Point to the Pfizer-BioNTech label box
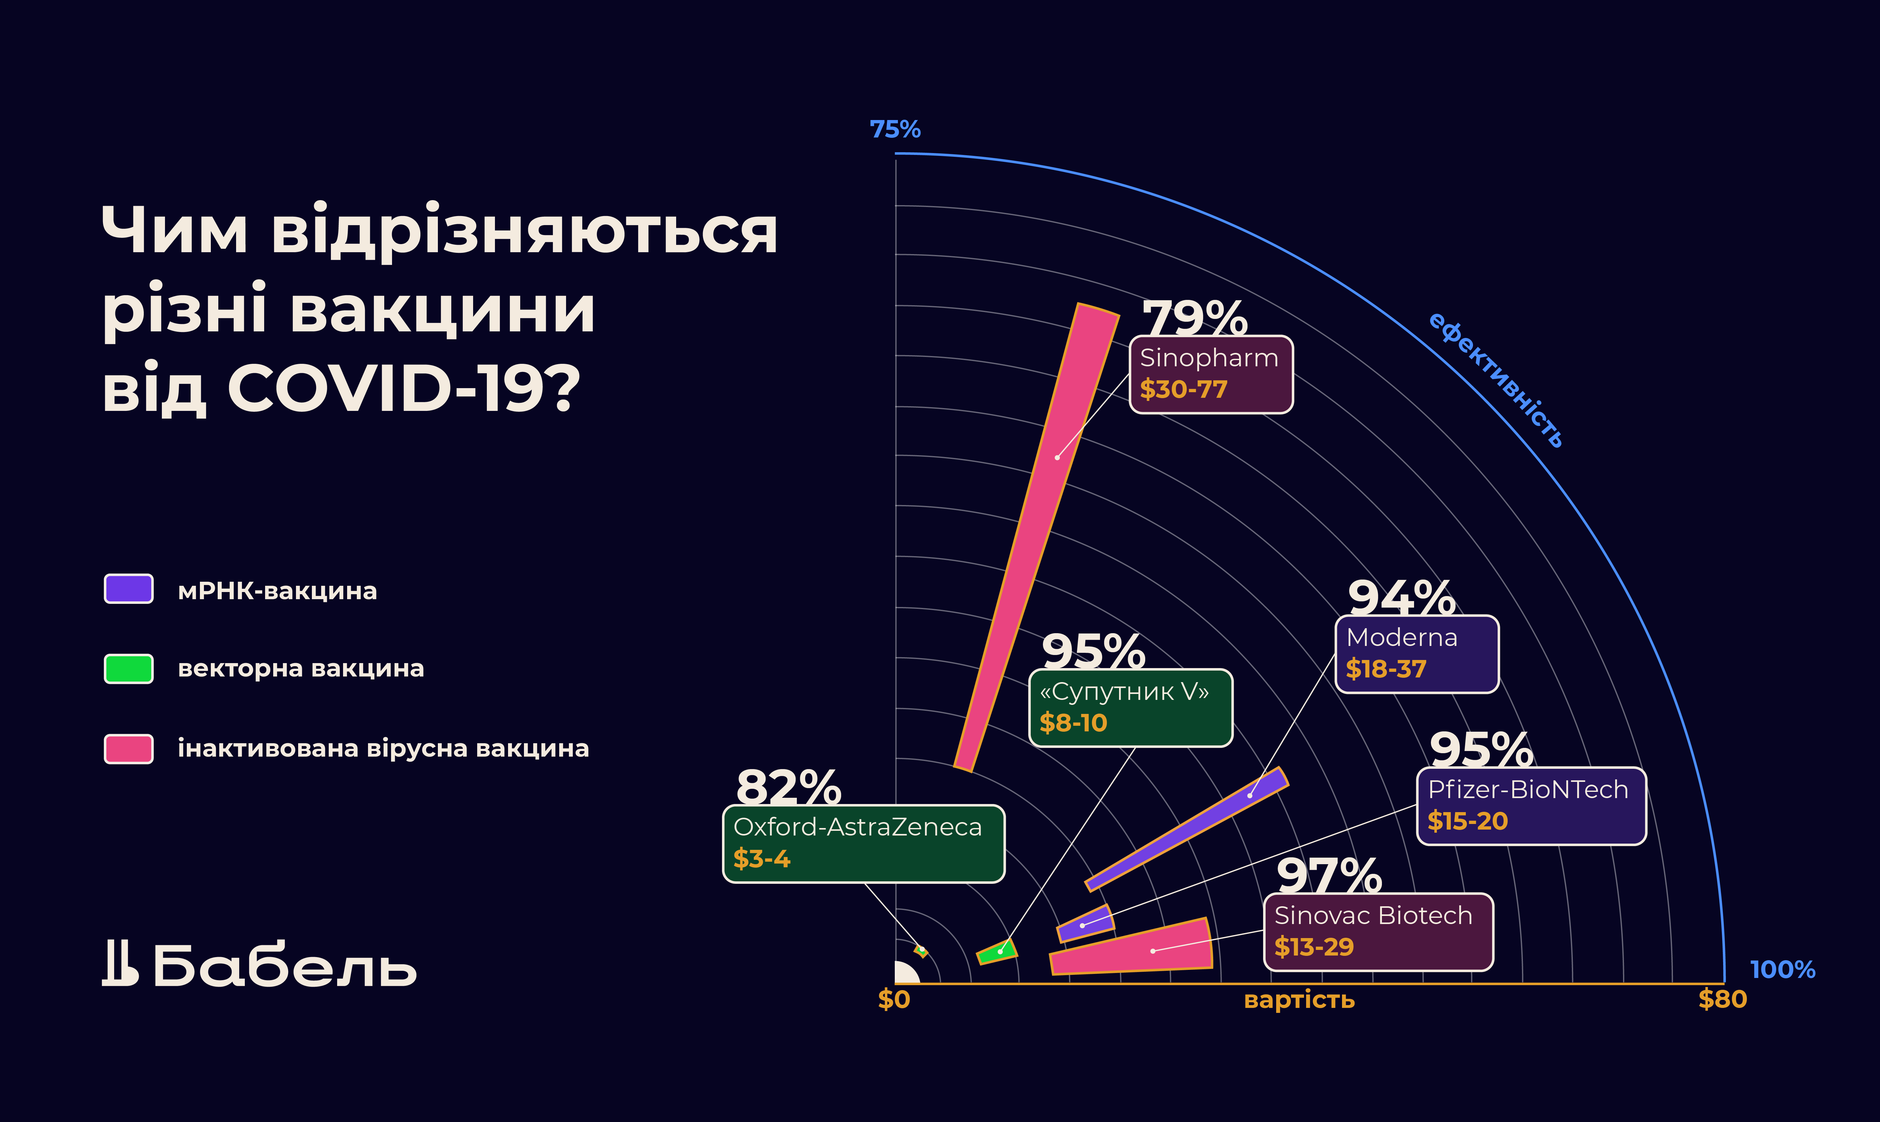[x=1531, y=805]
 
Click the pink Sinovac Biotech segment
[x=1134, y=949]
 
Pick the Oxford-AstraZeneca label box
[x=863, y=843]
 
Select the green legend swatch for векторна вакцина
[x=128, y=668]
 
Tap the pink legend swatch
[x=128, y=749]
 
